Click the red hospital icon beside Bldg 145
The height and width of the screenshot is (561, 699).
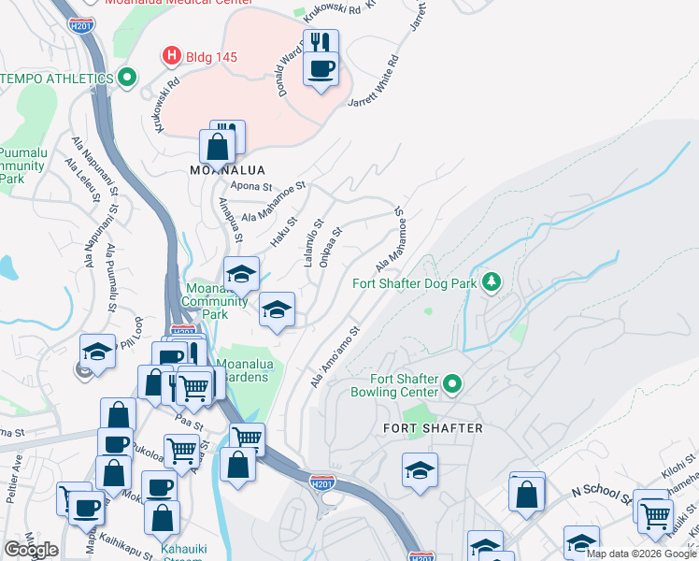(x=172, y=56)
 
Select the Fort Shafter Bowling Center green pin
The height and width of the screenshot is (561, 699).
(x=452, y=384)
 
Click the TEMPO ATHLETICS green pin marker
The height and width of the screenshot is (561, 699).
(x=127, y=77)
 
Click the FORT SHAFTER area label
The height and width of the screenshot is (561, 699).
(x=434, y=428)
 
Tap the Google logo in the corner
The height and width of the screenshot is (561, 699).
(x=31, y=550)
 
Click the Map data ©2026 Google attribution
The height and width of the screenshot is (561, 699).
(x=641, y=554)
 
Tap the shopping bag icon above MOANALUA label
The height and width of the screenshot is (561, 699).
(x=217, y=147)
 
